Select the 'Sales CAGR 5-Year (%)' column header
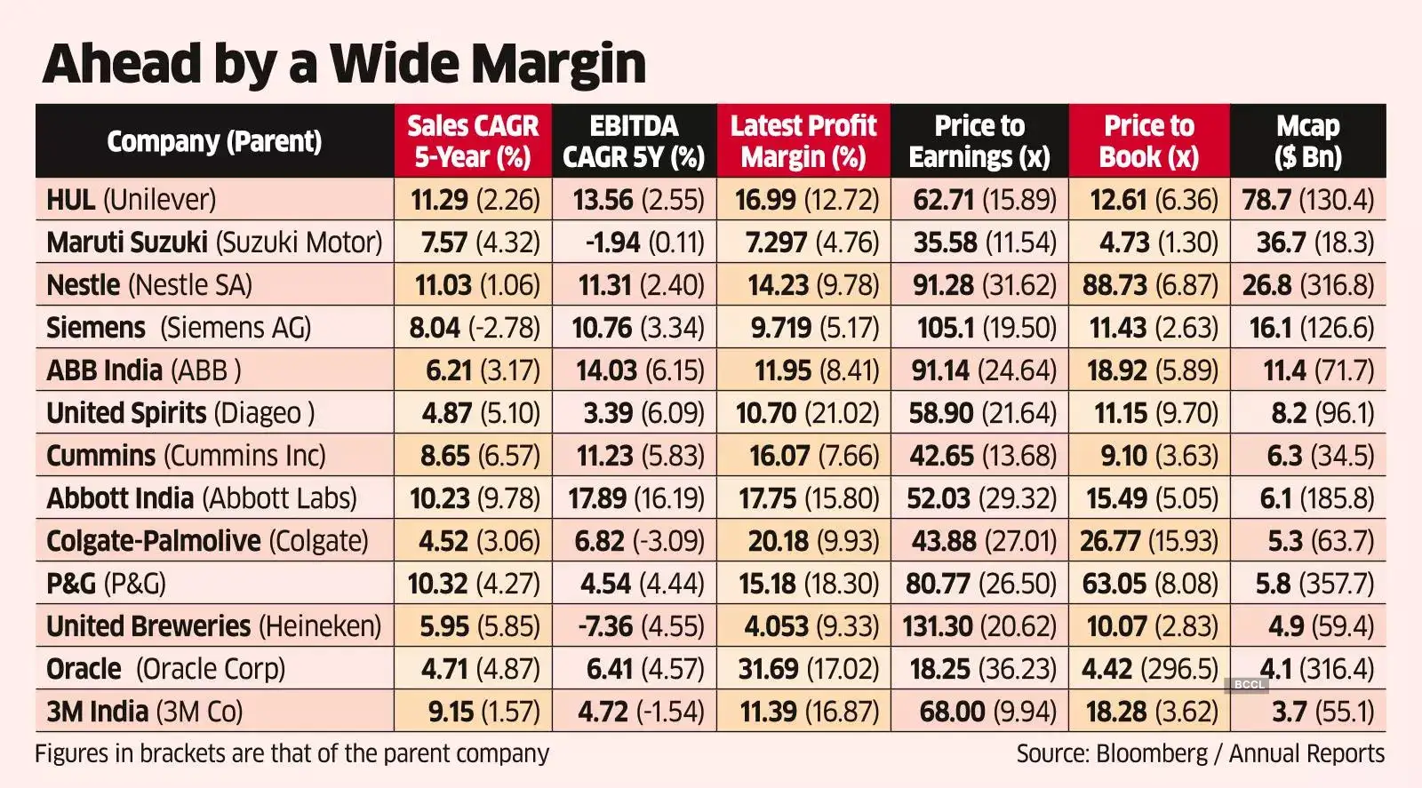coord(473,141)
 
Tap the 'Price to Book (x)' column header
coord(1149,141)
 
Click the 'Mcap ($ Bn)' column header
coord(1307,141)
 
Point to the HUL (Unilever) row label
coord(132,200)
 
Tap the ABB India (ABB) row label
coord(144,370)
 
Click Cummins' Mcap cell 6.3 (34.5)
coord(1319,456)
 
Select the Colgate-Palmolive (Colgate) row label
coord(207,541)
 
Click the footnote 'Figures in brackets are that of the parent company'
coord(292,754)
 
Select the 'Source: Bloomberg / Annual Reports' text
coord(1200,754)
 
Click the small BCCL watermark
coord(1249,684)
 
